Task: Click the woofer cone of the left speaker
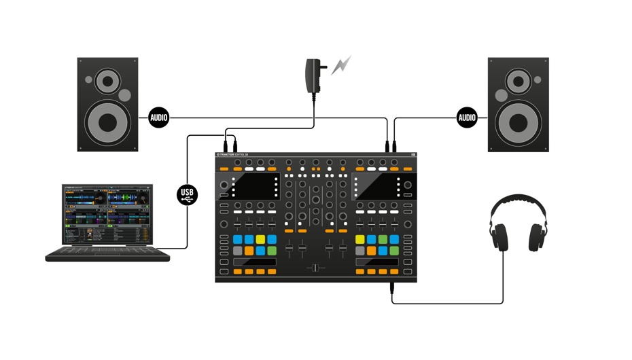pos(108,123)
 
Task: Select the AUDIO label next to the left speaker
pos(158,118)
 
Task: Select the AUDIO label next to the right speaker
pos(467,118)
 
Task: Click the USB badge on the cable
pos(188,195)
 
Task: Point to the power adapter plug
pos(315,71)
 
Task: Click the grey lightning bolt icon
pos(341,66)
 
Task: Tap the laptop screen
pos(107,214)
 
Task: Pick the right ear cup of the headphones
pos(538,237)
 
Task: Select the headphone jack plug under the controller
pos(392,289)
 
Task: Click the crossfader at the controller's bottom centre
pos(316,268)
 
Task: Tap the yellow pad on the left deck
pos(260,240)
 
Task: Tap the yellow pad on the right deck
pos(360,240)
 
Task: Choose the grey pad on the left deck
pos(238,251)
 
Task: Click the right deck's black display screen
pos(376,187)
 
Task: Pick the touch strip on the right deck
pos(376,262)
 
